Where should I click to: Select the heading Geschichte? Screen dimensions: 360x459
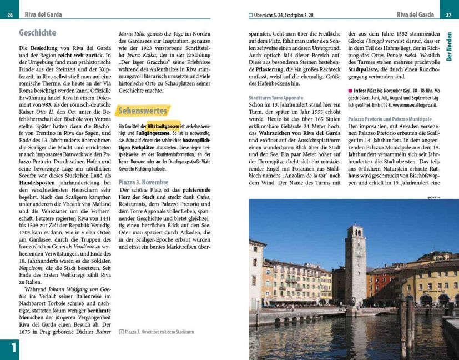[38, 33]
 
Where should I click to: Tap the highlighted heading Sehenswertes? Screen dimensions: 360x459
[142, 111]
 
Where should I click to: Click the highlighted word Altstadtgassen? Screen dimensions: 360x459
[163, 127]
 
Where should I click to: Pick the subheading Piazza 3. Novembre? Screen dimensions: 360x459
[143, 182]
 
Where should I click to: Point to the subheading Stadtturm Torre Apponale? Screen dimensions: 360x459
[276, 98]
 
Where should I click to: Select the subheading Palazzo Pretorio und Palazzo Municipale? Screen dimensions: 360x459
[389, 119]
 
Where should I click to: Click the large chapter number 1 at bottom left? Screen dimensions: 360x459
[9, 348]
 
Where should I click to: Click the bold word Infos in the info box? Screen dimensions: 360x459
[362, 90]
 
